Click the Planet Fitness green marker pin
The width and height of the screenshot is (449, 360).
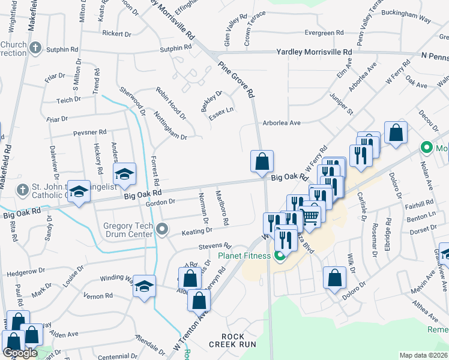[x=279, y=257]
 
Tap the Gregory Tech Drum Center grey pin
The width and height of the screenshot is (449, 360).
[x=161, y=229]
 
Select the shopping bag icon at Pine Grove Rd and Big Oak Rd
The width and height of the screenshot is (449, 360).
[x=262, y=161]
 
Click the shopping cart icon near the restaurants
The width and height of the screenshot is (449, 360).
[x=310, y=217]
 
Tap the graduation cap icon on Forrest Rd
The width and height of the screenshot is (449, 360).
[x=125, y=174]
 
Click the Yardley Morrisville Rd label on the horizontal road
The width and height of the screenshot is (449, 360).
[x=314, y=52]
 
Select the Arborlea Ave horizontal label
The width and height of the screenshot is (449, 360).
[x=281, y=123]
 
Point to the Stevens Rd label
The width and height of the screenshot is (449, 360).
[x=215, y=246]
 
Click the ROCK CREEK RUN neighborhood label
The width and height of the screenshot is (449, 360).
[x=232, y=340]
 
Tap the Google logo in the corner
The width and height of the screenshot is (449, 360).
[x=19, y=353]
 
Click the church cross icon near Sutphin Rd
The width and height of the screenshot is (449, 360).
[x=35, y=47]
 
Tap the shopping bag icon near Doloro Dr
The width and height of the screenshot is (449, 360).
[x=334, y=278]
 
